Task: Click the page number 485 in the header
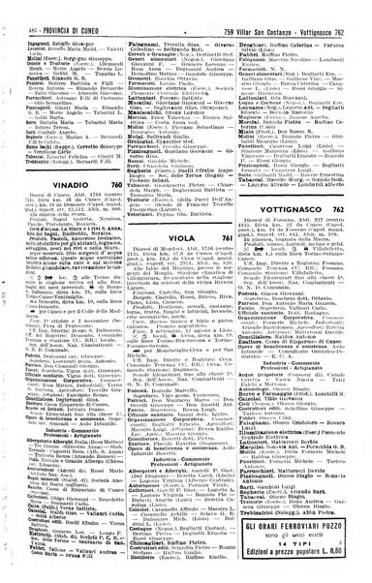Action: coord(10,9)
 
